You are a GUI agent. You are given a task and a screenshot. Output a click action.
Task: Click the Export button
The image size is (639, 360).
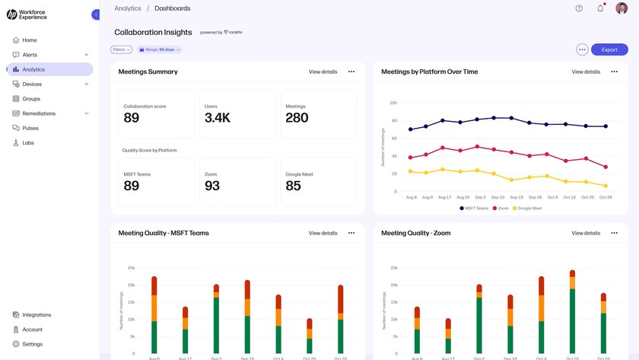609,49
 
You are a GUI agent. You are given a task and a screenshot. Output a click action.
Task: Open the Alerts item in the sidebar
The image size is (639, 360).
30,55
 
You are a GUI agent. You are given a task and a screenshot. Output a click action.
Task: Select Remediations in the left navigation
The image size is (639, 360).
39,113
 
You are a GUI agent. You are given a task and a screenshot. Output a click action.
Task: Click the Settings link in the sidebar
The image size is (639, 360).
32,344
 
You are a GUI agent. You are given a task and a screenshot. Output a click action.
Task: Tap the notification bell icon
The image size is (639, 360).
600,8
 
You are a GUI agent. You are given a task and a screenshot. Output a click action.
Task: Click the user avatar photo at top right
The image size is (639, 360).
622,8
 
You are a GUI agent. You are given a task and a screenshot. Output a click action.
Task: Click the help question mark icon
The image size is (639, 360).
579,8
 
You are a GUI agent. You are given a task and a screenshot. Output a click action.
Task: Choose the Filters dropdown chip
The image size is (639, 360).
122,49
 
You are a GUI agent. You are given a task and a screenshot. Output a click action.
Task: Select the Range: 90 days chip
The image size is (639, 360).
159,49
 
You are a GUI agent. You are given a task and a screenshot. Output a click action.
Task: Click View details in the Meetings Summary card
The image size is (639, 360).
323,72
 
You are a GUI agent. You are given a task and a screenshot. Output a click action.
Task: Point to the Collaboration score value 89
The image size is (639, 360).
132,118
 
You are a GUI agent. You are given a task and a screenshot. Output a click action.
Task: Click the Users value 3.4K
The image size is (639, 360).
218,118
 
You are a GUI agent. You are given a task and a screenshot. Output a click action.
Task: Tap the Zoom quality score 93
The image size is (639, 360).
212,186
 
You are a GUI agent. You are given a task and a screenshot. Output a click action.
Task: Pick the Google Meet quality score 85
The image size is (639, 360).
293,186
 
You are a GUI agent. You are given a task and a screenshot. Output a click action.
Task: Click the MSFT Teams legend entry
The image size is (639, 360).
475,208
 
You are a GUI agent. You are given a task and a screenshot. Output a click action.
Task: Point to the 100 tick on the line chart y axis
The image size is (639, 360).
393,103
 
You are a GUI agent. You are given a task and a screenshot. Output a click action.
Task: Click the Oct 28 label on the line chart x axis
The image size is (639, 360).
606,197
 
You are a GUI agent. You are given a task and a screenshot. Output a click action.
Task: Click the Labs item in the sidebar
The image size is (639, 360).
28,143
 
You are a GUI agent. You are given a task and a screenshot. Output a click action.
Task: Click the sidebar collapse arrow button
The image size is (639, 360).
96,14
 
